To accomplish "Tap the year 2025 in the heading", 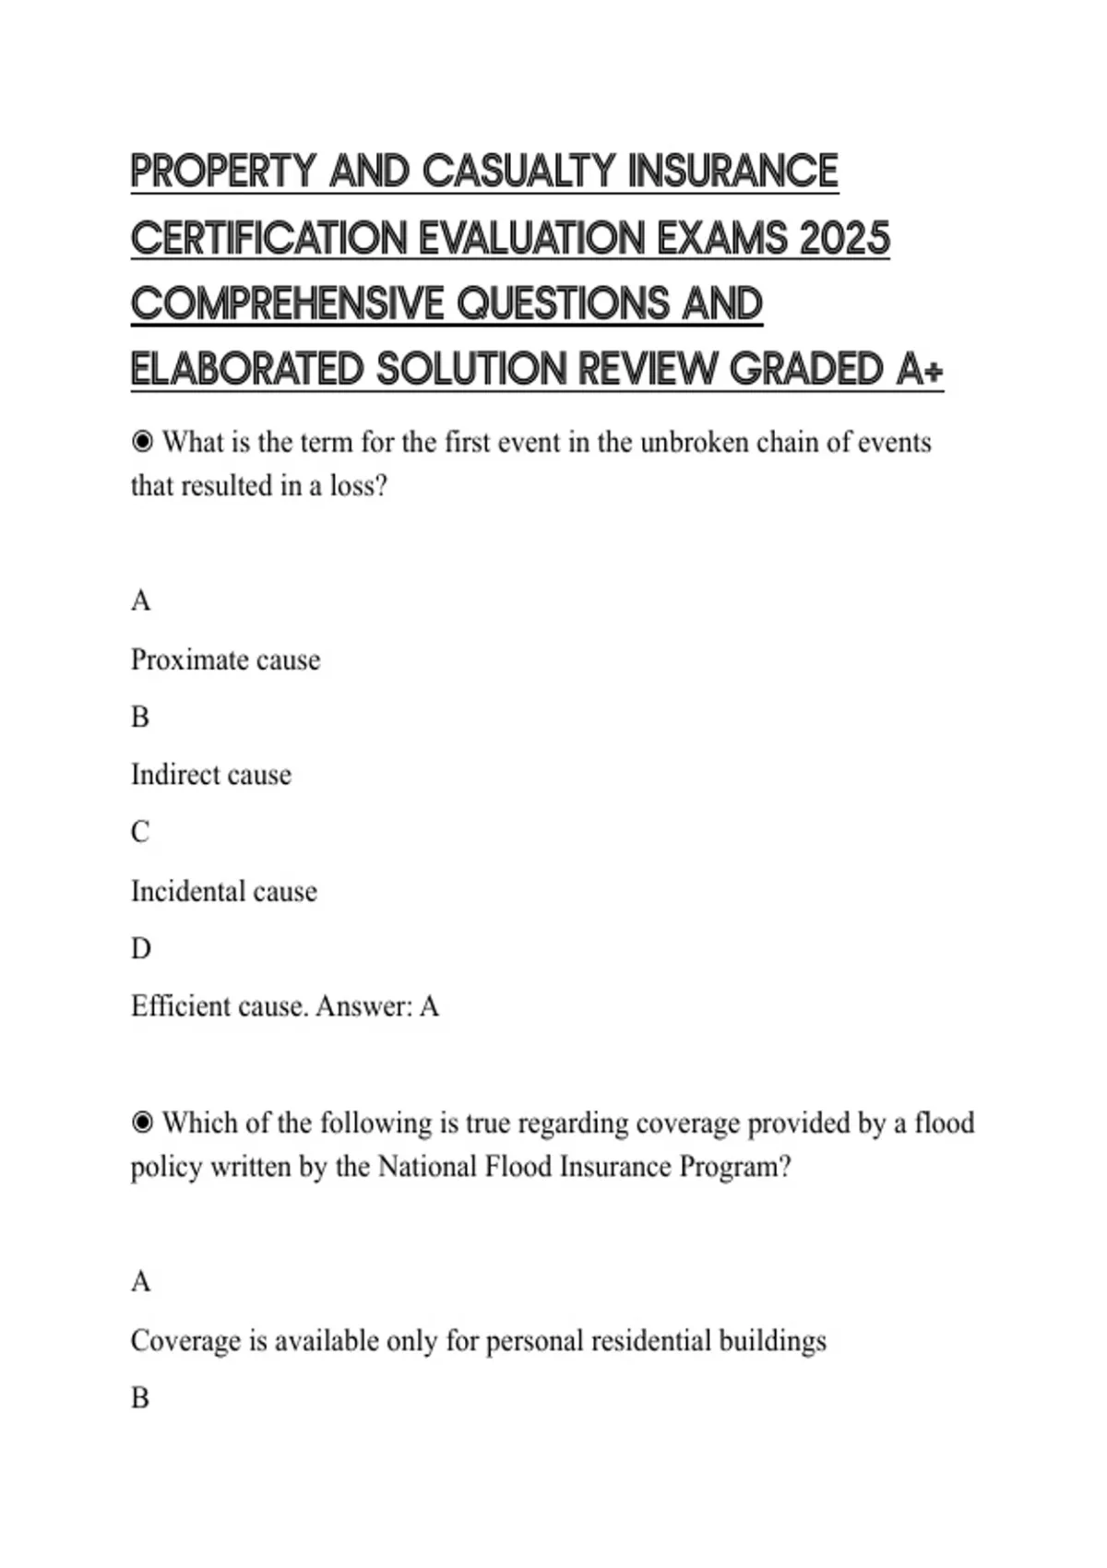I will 845,238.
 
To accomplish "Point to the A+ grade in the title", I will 920,371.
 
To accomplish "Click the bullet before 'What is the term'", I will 142,443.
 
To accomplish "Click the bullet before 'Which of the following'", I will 142,1123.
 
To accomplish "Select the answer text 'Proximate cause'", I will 225,660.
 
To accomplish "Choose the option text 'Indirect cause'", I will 210,775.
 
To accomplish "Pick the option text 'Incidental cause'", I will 223,891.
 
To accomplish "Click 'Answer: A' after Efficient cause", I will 377,1006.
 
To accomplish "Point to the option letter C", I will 140,832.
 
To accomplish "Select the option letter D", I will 140,948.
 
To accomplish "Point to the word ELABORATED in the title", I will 247,371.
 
